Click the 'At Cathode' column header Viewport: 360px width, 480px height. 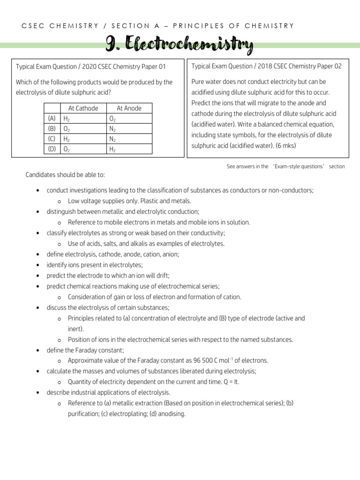pyautogui.click(x=83, y=108)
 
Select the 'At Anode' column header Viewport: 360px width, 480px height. pyautogui.click(x=129, y=108)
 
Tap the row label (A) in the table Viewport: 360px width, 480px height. pyautogui.click(x=52, y=118)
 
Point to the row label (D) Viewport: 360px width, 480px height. pyautogui.click(x=52, y=149)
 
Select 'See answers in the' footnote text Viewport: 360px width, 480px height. pyautogui.click(x=247, y=166)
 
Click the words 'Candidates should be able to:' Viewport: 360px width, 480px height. pyautogui.click(x=65, y=175)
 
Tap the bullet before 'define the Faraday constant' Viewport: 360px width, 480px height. pyautogui.click(x=37, y=350)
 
